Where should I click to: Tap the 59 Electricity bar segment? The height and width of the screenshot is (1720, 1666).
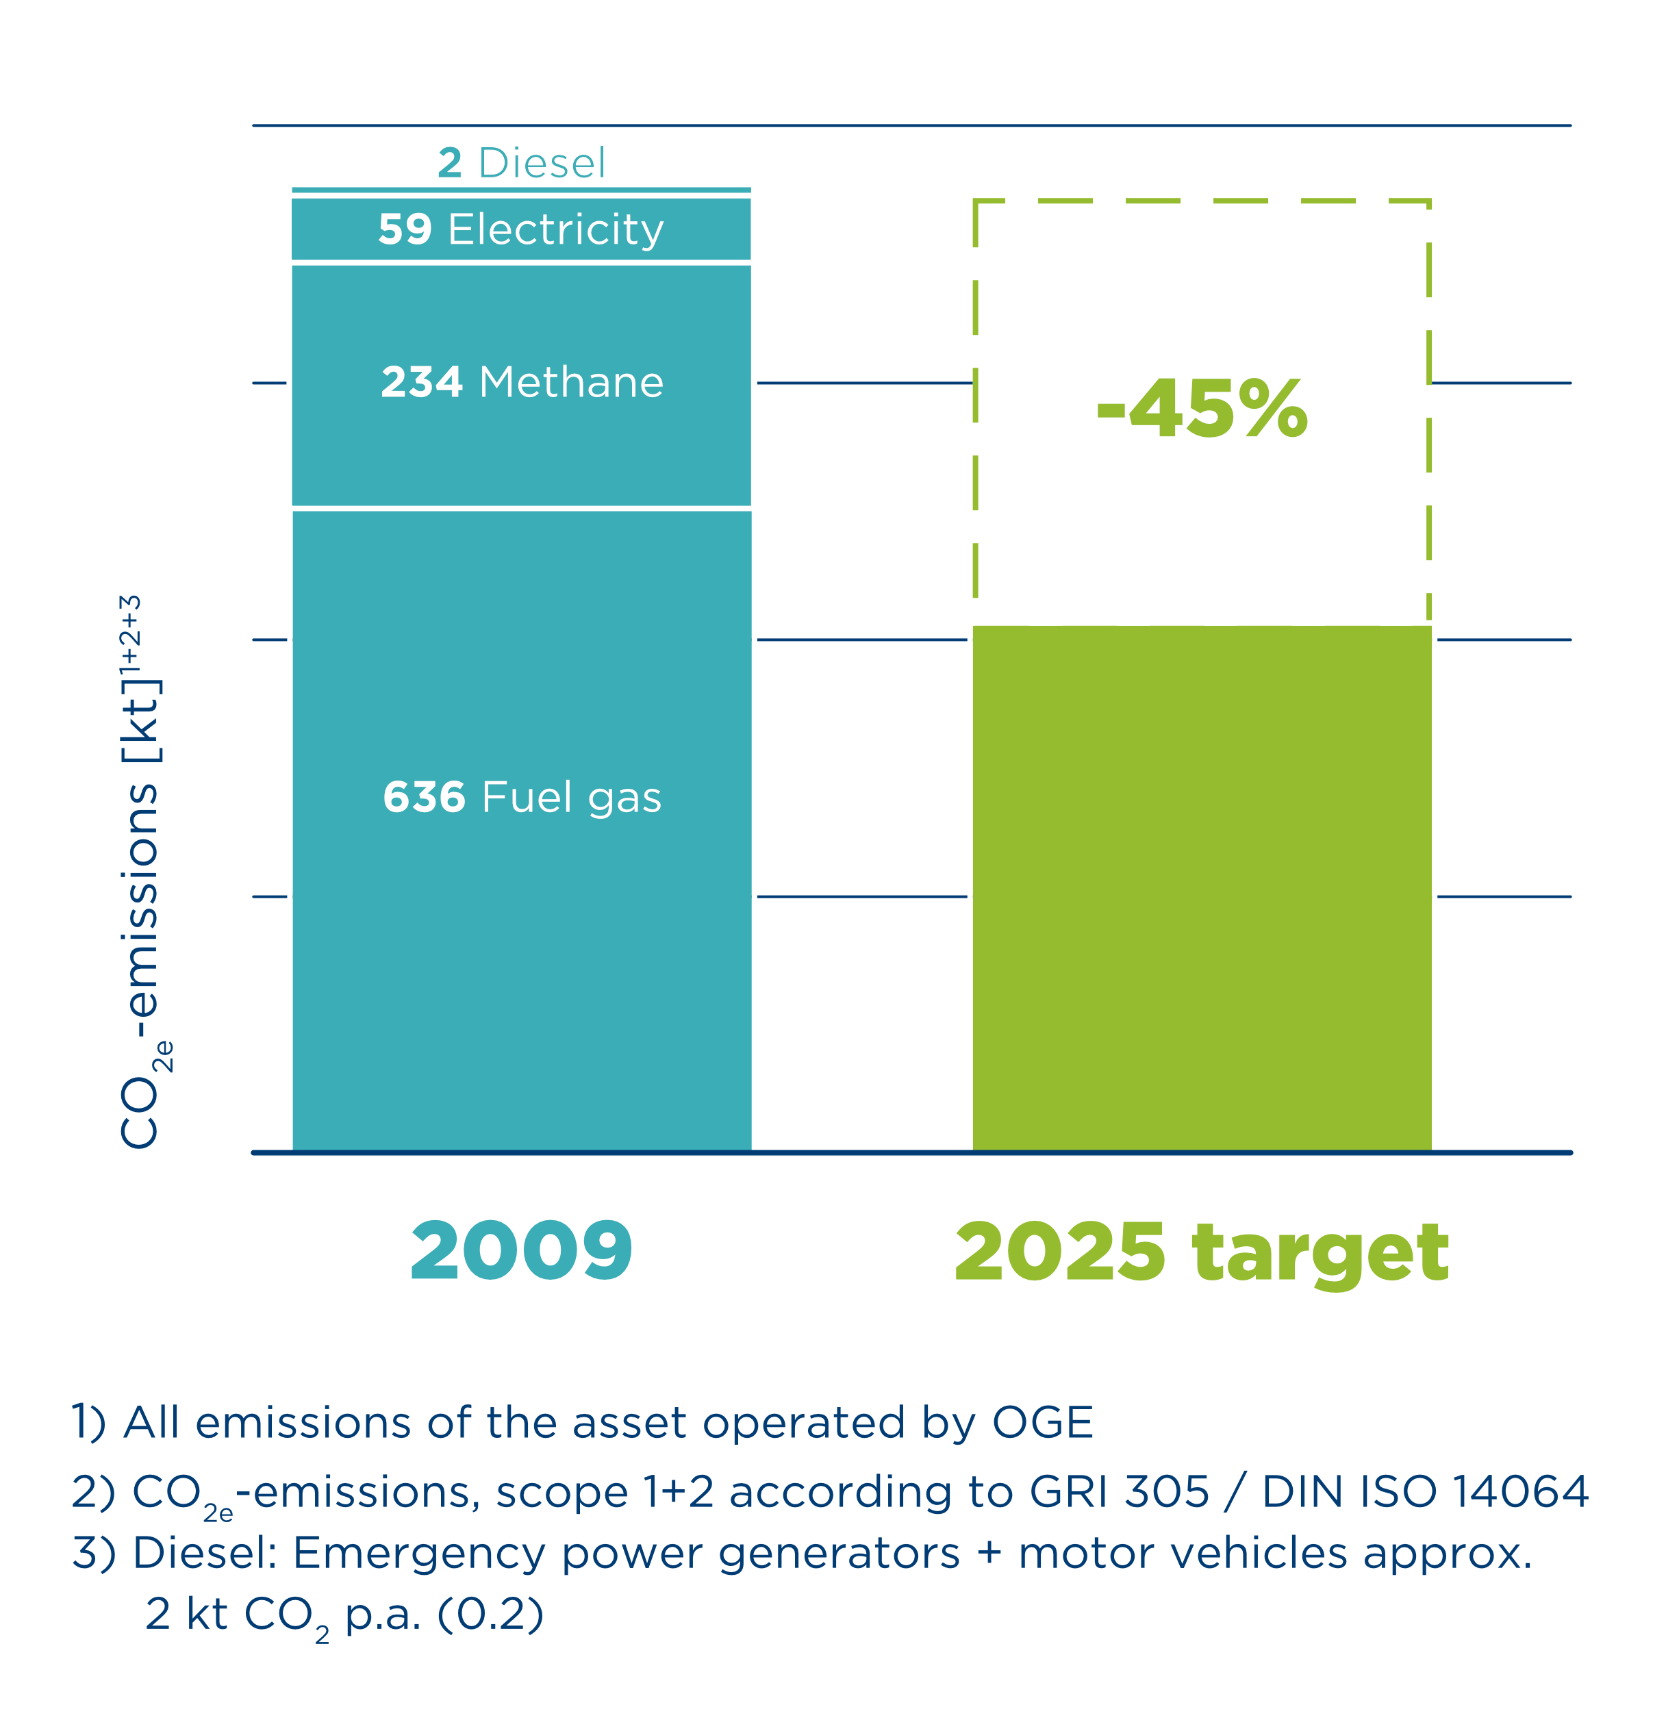pos(521,230)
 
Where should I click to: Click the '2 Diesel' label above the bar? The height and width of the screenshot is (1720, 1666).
pos(521,163)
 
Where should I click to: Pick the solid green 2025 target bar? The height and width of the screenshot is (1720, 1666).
pos(1202,886)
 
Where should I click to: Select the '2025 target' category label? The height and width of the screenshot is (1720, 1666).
pos(1202,1253)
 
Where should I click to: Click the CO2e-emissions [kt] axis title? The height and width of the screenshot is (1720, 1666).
pos(140,878)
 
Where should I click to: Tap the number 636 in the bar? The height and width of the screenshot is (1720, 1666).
pos(424,797)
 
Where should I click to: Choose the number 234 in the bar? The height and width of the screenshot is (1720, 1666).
pos(421,382)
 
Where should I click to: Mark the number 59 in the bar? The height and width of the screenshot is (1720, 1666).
pos(405,229)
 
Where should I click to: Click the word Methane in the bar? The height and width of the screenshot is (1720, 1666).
pos(572,382)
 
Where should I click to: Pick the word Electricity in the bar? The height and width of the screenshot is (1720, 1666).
pos(555,230)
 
